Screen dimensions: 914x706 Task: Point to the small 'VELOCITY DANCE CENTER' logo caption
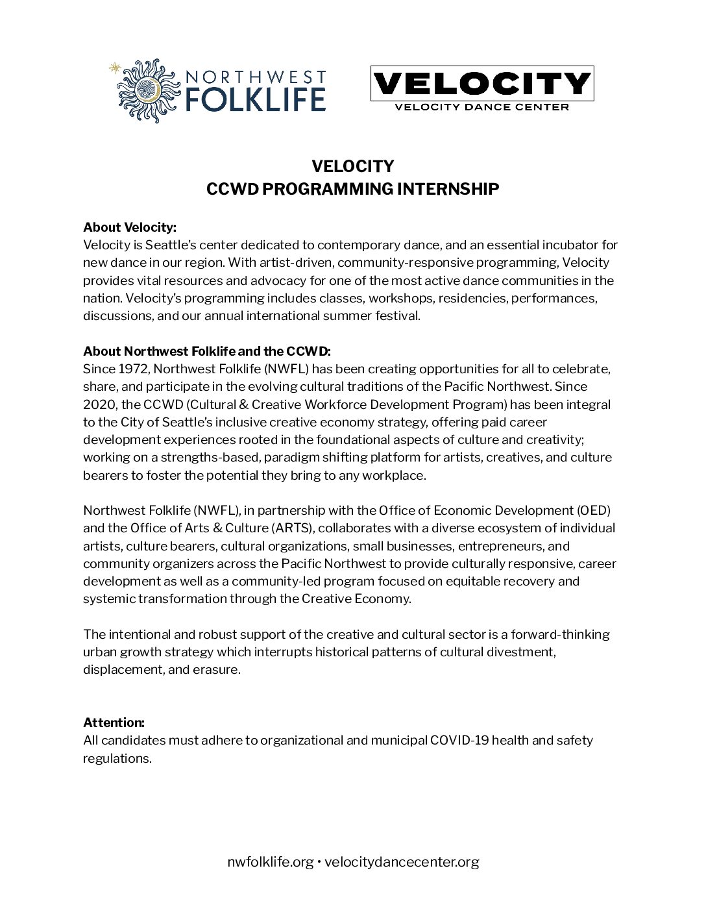tap(481, 106)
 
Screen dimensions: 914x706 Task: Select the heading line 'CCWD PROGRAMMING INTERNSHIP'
tap(352, 189)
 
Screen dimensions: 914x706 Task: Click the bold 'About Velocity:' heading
tap(130, 227)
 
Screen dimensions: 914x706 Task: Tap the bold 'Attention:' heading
tap(114, 723)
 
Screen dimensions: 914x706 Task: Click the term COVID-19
tap(459, 740)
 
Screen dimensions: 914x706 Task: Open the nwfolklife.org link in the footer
tap(271, 862)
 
